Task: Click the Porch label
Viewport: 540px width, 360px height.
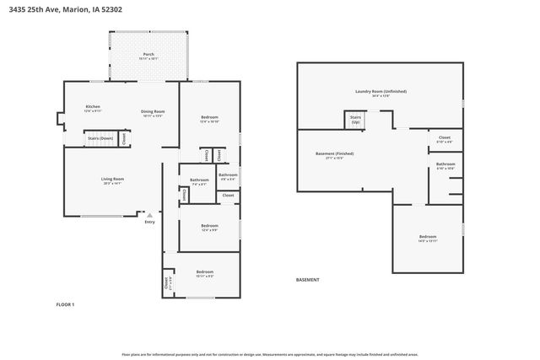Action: (148, 56)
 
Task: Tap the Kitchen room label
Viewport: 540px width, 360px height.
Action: (93, 109)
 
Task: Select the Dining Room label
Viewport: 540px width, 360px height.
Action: (153, 114)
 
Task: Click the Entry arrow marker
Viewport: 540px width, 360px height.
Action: (149, 214)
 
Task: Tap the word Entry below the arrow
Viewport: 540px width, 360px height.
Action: (149, 222)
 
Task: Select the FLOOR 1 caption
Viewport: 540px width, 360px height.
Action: (66, 304)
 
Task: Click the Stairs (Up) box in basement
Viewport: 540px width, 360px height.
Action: (354, 121)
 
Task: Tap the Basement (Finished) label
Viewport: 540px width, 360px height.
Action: (334, 155)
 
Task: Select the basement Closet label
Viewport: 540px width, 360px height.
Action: (445, 138)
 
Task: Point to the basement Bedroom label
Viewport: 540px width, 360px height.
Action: (428, 239)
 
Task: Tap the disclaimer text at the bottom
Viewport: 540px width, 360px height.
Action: (269, 355)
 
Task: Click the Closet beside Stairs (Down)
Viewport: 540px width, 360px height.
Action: (125, 138)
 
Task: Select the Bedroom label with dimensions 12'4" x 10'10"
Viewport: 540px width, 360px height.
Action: (209, 119)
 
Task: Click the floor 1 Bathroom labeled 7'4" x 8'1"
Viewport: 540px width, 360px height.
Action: (199, 181)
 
